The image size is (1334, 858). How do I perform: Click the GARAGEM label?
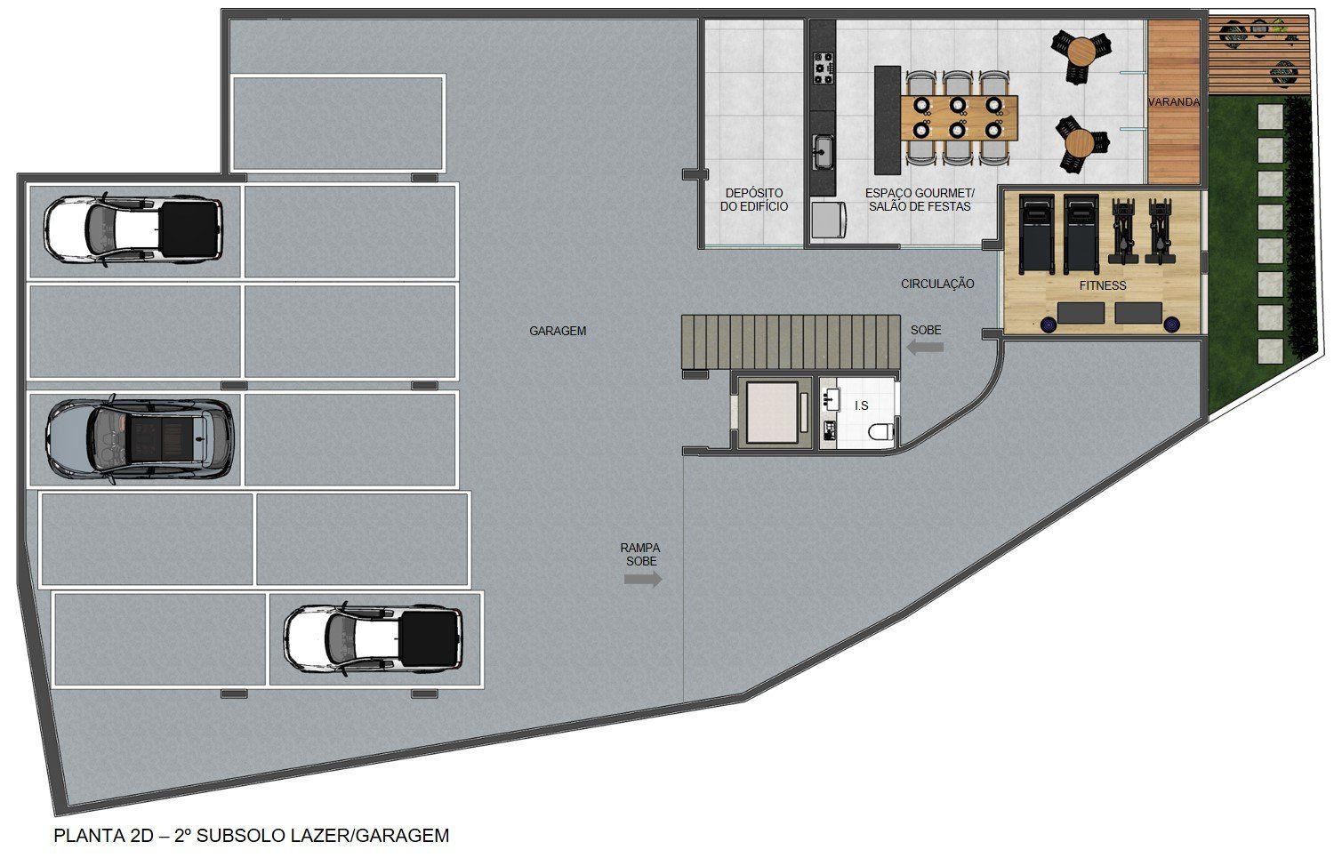coord(558,331)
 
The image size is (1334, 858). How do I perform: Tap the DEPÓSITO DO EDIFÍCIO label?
coord(754,200)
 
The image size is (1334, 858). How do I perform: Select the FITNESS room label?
coord(1103,285)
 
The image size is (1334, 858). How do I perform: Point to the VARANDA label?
coord(1173,102)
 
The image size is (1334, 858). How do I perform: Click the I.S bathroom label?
coord(861,405)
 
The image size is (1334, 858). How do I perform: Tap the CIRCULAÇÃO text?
coord(937,284)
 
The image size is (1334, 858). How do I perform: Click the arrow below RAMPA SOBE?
coord(643,579)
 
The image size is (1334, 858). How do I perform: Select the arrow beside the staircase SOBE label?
coord(925,347)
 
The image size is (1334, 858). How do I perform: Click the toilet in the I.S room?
coord(881,432)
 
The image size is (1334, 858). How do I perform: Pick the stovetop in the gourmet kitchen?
coord(824,68)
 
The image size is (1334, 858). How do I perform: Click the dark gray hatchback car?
coord(140,439)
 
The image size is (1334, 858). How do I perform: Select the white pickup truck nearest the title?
coord(374,639)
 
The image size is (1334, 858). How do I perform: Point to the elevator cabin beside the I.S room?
coord(772,413)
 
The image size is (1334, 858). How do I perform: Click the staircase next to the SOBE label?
coord(791,342)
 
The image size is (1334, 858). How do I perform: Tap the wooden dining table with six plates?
coord(959,118)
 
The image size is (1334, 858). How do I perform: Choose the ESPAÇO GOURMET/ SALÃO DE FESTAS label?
coord(920,200)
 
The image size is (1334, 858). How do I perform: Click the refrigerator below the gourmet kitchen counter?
coord(828,221)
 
